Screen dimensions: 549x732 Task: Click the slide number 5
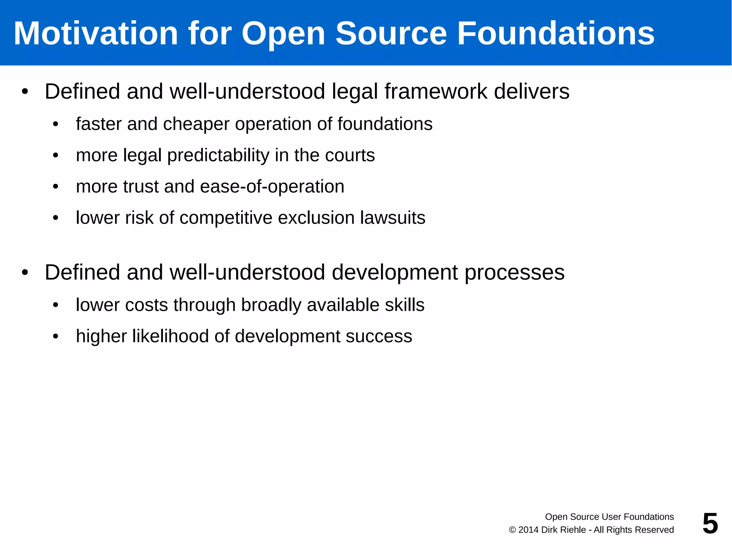point(710,523)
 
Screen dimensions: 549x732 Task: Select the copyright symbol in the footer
point(512,530)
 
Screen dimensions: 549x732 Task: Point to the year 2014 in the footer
point(528,530)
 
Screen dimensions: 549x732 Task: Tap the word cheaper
point(196,124)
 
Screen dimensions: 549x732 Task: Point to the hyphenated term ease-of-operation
point(272,187)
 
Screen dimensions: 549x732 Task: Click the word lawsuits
point(392,218)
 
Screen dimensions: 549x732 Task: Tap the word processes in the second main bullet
point(514,273)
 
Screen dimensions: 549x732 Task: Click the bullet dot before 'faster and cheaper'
point(55,124)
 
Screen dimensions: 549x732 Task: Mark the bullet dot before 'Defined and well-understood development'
point(25,273)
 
